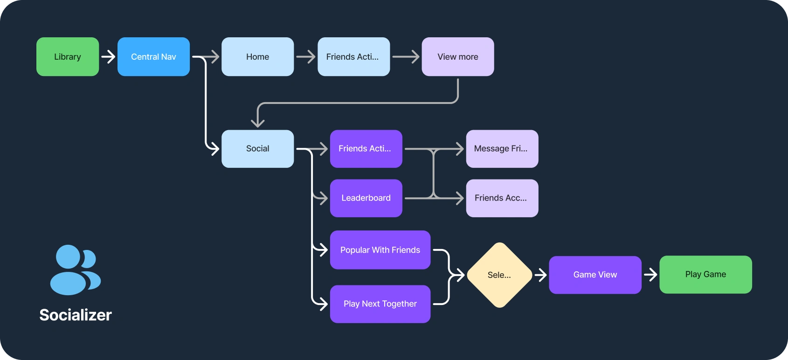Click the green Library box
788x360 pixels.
click(x=68, y=57)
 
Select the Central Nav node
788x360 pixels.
click(x=153, y=57)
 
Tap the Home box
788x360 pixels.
click(x=257, y=57)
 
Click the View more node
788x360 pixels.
click(x=457, y=57)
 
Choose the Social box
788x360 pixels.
click(x=257, y=149)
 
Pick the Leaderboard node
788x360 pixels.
click(x=366, y=198)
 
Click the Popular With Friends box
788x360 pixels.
click(x=380, y=250)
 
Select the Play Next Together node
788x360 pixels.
click(x=380, y=304)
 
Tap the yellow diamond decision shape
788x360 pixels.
click(x=499, y=275)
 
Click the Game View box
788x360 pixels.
click(x=595, y=275)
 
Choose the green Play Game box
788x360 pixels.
click(x=705, y=275)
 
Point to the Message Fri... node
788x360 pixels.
click(x=502, y=149)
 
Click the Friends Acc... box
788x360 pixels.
click(x=502, y=198)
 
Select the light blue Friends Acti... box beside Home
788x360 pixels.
click(x=353, y=57)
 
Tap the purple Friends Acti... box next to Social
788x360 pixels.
click(x=366, y=149)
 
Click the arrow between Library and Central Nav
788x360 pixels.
click(x=108, y=57)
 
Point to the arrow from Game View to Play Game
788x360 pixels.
click(x=650, y=275)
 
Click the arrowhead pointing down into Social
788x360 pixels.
click(x=258, y=122)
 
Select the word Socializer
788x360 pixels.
click(x=76, y=315)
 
